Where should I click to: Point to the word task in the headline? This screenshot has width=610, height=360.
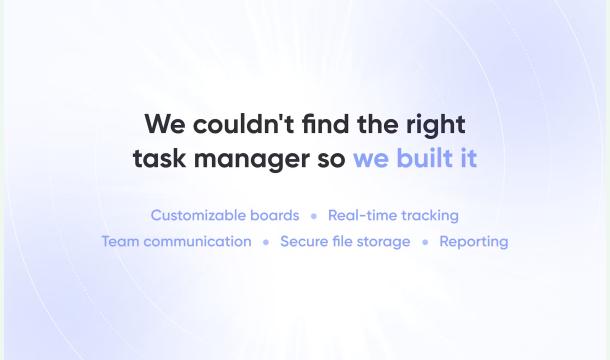pyautogui.click(x=156, y=158)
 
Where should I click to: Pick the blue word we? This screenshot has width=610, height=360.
pyautogui.click(x=371, y=158)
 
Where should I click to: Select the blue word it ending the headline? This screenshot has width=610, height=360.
pyautogui.click(x=467, y=158)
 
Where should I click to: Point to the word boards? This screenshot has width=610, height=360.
pyautogui.click(x=276, y=215)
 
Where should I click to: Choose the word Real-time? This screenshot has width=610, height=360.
pyautogui.click(x=362, y=215)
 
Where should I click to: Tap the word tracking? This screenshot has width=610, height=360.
pyautogui.click(x=430, y=215)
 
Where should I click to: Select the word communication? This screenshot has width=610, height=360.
pyautogui.click(x=198, y=241)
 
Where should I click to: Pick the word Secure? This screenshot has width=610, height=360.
pyautogui.click(x=304, y=241)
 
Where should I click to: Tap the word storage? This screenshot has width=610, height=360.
pyautogui.click(x=385, y=242)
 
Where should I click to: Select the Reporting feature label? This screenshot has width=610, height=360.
pyautogui.click(x=474, y=242)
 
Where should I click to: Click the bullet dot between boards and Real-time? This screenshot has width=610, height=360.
pyautogui.click(x=314, y=216)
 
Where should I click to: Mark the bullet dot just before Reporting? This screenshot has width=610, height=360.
pyautogui.click(x=425, y=242)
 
